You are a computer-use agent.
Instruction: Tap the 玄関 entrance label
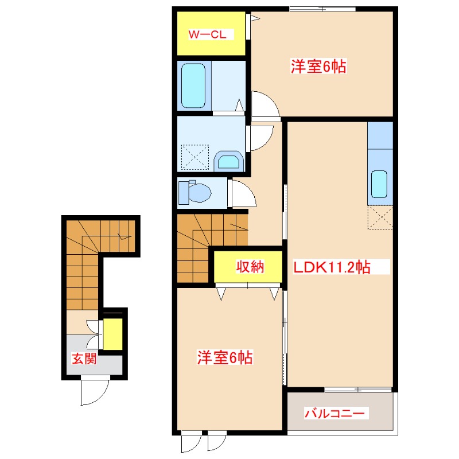click(84, 360)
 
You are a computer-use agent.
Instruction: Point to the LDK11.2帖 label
click(332, 267)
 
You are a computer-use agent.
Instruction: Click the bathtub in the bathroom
click(193, 87)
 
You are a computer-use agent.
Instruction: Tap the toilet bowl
click(199, 193)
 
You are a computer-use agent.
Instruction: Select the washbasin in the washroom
click(228, 161)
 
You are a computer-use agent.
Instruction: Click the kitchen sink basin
click(379, 184)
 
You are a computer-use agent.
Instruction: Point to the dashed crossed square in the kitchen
click(380, 217)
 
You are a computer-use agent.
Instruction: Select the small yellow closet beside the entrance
click(112, 333)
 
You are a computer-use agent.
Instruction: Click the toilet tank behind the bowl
click(183, 192)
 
